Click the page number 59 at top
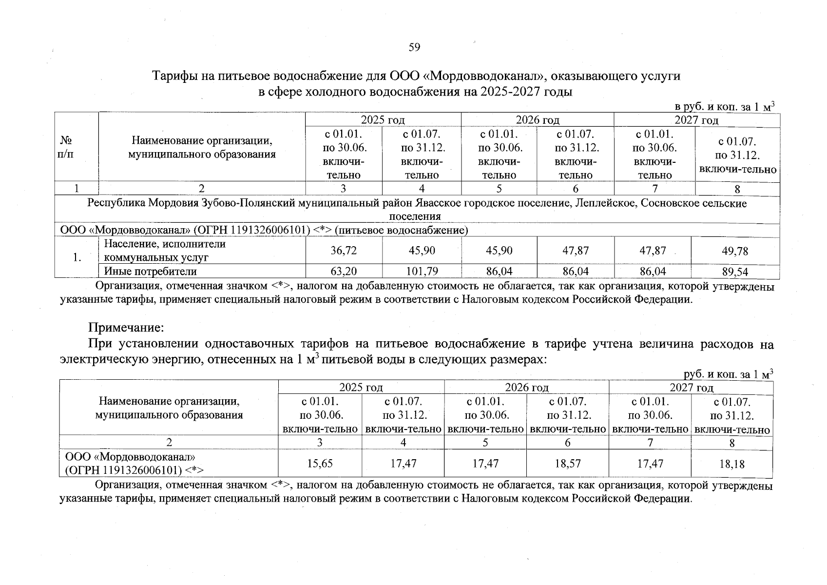point(414,47)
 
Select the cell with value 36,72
point(344,251)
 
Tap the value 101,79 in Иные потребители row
point(422,271)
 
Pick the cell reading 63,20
point(344,271)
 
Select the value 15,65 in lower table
point(320,463)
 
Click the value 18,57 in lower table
point(568,463)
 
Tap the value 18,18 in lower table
point(731,464)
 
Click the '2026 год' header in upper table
point(538,120)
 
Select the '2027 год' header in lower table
point(691,388)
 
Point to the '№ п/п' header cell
point(67,147)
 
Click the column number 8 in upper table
point(737,189)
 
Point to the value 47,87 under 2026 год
point(576,251)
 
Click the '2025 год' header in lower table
point(361,388)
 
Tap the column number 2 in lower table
point(169,443)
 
